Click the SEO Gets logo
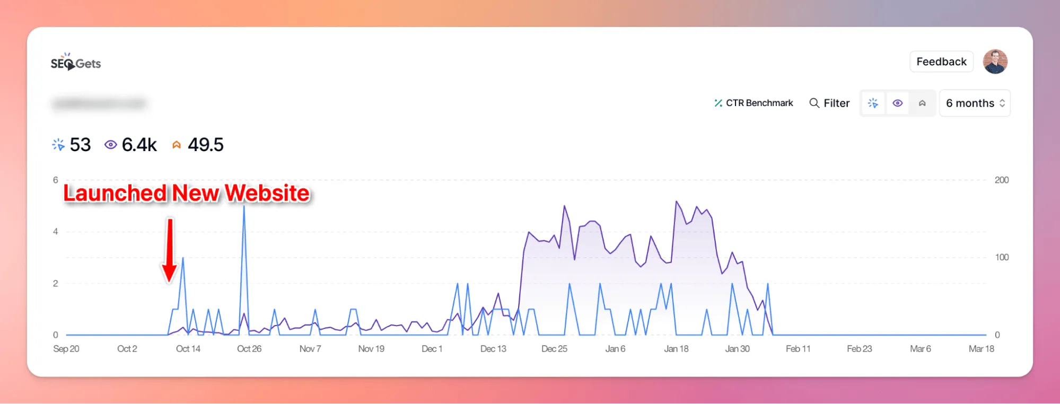(76, 63)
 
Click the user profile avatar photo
(995, 62)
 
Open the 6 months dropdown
(975, 103)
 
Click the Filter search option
(829, 103)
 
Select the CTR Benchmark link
(754, 103)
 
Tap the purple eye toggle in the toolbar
(897, 103)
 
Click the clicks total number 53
(80, 145)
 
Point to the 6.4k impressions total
(139, 145)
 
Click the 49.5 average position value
(205, 145)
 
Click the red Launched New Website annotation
(186, 193)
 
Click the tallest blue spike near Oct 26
(244, 207)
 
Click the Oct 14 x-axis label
(188, 349)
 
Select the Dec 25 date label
(554, 349)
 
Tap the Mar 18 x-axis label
(981, 349)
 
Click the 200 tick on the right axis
(1001, 180)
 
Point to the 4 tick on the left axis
(56, 232)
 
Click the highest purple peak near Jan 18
(676, 201)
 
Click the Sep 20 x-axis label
(66, 349)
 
